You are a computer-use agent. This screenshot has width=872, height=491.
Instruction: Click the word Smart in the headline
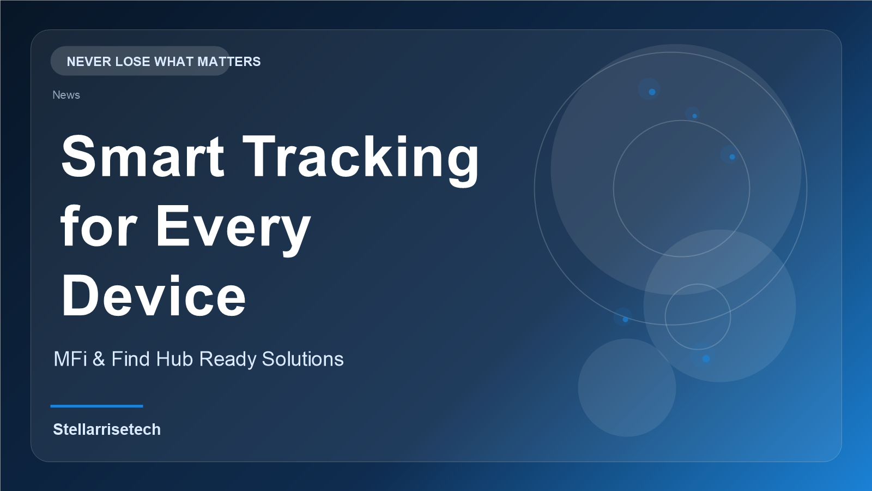tap(142, 156)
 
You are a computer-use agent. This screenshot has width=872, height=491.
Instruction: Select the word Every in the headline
tap(233, 230)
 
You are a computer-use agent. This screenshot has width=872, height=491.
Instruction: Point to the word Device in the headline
tap(153, 296)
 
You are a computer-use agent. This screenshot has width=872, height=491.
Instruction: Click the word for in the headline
tap(99, 226)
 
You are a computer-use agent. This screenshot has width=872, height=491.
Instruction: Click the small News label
tap(66, 95)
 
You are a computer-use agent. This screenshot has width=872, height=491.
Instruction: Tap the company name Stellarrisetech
tap(107, 429)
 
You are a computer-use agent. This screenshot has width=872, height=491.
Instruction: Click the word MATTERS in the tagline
tap(229, 62)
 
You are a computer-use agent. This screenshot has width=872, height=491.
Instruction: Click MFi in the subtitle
tap(70, 359)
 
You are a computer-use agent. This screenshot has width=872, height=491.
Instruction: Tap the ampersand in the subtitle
tap(99, 359)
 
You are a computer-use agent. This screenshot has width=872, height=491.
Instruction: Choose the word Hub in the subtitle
tap(174, 359)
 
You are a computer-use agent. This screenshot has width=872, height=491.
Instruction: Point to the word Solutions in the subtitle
tap(302, 359)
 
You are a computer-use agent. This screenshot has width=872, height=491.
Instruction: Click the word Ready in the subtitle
tap(228, 360)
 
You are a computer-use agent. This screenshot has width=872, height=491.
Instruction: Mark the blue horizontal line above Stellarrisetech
tap(96, 406)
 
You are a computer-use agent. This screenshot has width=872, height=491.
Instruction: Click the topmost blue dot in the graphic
tap(652, 92)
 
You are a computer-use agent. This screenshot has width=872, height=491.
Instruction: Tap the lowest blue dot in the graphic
tap(706, 359)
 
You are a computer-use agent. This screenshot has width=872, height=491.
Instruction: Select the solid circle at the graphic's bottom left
tap(627, 388)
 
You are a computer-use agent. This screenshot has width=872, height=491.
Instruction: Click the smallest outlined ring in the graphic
tap(665, 317)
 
